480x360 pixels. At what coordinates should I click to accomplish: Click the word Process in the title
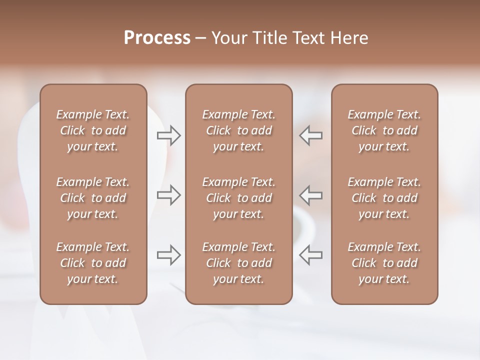coord(157,38)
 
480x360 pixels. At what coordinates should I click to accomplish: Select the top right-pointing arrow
coord(169,135)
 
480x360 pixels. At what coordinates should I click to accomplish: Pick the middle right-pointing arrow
coord(169,195)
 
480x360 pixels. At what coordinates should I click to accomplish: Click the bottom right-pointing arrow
coord(169,255)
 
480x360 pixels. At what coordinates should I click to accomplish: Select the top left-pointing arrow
coord(310,135)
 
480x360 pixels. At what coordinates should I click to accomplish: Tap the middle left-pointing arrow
coord(310,195)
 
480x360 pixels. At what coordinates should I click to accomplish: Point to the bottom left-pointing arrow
coord(310,255)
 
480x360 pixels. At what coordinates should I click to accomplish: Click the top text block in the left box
coord(93,130)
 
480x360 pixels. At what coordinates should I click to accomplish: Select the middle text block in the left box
coord(93,198)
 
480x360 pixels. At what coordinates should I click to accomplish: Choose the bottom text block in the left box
coord(93,263)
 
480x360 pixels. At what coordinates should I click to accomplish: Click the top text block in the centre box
coord(238,130)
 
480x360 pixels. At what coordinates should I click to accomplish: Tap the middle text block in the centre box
coord(238,198)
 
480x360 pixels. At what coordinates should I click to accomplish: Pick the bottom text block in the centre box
coord(238,263)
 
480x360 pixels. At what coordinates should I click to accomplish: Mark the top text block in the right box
coord(384,130)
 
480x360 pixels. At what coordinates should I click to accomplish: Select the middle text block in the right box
coord(384,198)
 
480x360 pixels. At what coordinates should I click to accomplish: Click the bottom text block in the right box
coord(384,263)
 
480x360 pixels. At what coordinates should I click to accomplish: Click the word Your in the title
coord(228,38)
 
